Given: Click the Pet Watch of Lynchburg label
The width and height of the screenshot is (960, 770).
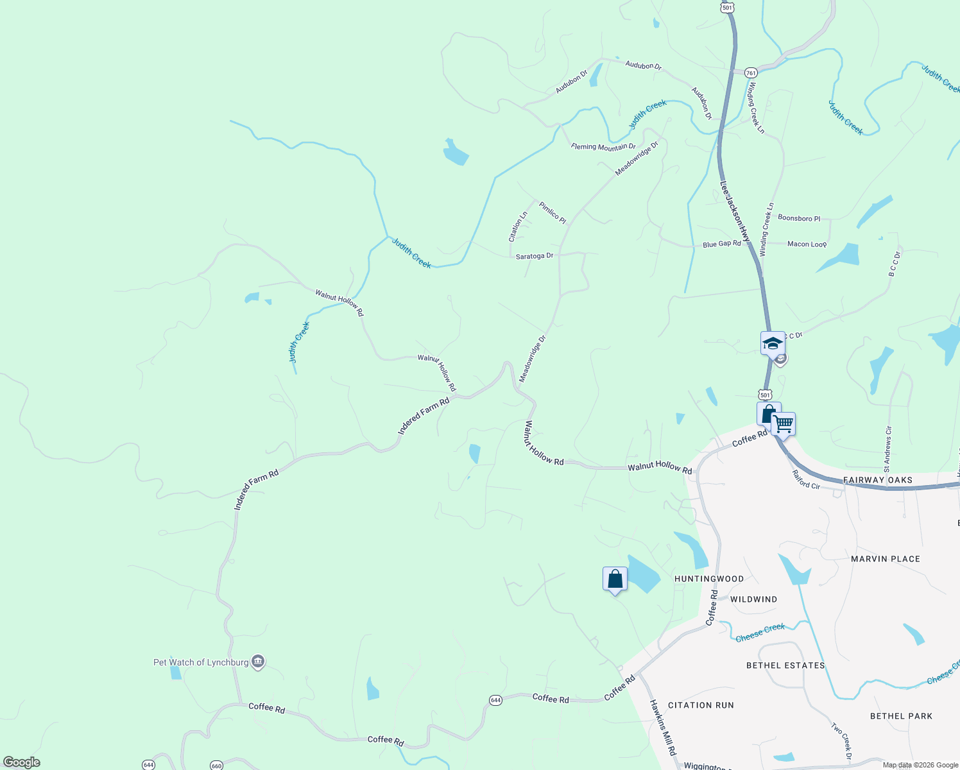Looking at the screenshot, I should point(201,662).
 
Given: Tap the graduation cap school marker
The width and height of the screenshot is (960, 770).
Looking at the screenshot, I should point(772,343).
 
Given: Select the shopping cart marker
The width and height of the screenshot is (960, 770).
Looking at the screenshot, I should point(784,424).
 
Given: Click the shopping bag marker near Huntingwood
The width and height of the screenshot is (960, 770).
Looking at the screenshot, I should point(615,579).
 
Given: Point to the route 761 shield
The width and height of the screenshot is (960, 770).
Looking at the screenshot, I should point(751,73).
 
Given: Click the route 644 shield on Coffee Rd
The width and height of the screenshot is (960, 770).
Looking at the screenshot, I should point(495,700).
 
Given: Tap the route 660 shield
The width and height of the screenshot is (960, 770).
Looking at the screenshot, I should point(216,766).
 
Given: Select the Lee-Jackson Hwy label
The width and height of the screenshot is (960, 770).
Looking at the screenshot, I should point(734,212).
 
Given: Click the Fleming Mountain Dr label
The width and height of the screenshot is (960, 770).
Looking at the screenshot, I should point(603,147).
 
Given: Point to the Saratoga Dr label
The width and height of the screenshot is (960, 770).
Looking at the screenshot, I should point(535,256).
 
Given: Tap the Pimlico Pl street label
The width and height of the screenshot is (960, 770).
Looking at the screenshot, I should point(553,213).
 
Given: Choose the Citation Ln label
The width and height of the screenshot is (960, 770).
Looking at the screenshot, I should point(518,227).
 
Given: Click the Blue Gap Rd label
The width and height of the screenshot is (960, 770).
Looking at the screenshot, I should point(722,244).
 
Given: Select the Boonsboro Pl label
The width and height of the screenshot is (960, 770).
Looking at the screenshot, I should point(799,218).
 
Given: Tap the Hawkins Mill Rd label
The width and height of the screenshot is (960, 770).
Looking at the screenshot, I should point(662,727).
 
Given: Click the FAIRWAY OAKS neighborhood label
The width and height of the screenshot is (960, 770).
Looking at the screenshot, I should point(878,480).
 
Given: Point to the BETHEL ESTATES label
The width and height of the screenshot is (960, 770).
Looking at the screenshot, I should point(785,665).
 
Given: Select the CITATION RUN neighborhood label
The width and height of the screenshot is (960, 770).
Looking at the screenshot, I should point(701,705).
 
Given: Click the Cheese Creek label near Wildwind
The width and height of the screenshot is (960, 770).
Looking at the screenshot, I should point(760,633).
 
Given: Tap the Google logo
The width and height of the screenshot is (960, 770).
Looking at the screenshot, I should point(22,762).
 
